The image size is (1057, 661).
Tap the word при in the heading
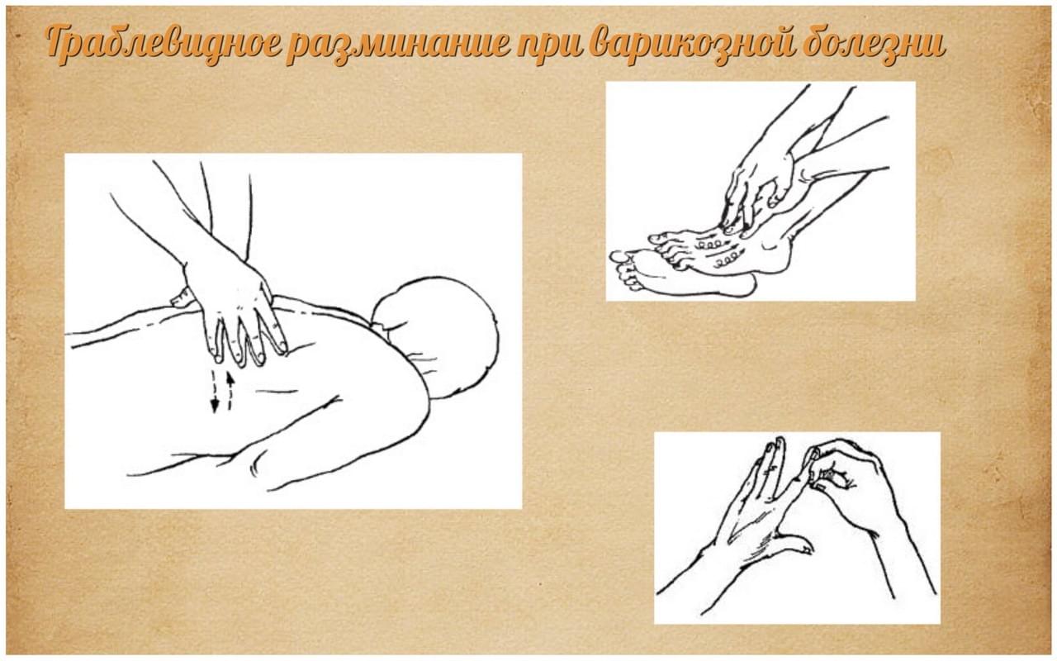coord(550,47)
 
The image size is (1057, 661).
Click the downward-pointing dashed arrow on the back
coord(214,391)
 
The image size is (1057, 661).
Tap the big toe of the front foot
coord(619,257)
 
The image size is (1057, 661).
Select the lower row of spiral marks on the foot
coord(726,258)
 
